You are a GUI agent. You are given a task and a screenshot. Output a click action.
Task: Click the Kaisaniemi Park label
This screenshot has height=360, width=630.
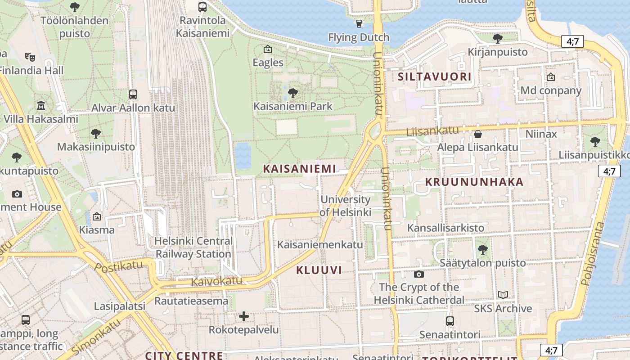(x=293, y=106)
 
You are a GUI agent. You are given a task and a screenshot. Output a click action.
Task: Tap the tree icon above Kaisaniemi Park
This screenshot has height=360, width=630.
(x=293, y=93)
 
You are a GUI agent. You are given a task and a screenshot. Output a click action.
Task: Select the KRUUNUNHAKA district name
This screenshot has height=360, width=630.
(x=474, y=182)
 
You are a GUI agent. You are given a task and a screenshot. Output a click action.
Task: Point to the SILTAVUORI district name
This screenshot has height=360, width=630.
(x=434, y=76)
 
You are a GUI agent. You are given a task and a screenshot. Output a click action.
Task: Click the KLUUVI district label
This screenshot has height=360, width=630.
(x=319, y=270)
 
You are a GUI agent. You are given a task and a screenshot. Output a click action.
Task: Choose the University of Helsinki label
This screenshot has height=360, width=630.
(x=346, y=206)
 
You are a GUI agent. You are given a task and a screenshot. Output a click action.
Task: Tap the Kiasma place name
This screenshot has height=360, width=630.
(x=97, y=230)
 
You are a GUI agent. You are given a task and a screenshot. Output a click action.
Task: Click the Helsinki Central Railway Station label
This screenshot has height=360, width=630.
(x=193, y=247)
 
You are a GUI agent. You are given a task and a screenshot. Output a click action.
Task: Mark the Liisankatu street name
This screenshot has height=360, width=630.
(x=432, y=131)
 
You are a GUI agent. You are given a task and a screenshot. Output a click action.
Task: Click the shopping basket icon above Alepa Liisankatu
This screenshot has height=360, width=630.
(x=478, y=134)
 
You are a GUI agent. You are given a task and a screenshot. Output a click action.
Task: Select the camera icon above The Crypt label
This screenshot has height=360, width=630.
(x=419, y=274)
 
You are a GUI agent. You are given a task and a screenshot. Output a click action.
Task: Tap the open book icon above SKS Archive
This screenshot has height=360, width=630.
(x=503, y=295)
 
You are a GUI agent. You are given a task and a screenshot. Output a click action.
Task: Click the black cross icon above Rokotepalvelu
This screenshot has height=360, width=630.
(x=244, y=316)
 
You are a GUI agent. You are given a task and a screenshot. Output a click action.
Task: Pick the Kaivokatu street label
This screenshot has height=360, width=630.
(x=216, y=281)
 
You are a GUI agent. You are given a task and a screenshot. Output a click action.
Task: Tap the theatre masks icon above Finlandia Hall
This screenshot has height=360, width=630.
(x=30, y=57)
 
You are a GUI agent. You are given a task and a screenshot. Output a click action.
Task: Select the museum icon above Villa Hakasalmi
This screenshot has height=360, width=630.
(x=41, y=106)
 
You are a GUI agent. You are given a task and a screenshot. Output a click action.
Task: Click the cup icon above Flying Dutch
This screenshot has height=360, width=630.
(x=359, y=24)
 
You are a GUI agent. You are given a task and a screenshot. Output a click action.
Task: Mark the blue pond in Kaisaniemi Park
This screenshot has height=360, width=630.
(x=243, y=155)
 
